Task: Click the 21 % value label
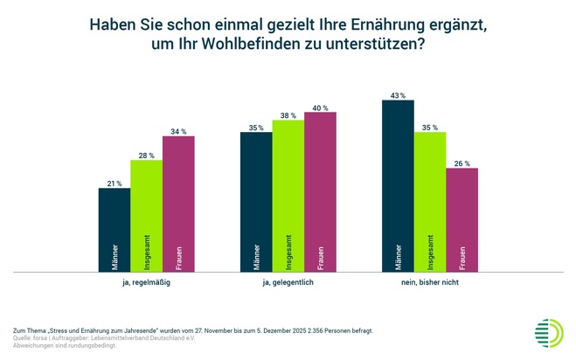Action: coord(114,182)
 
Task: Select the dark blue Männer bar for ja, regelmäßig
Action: coord(114,230)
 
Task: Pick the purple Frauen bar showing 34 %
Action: coord(178,204)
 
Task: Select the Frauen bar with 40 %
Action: coord(320,191)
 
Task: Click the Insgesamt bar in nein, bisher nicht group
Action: coord(430,202)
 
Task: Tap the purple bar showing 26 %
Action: coord(462,219)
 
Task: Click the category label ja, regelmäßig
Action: coord(146,283)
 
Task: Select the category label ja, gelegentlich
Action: coord(288,283)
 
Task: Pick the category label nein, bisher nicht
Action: coord(430,283)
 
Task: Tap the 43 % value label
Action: coord(398,94)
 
